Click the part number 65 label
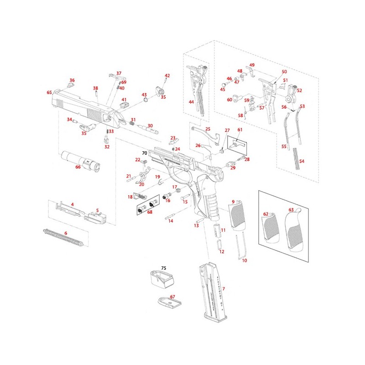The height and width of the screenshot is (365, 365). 49,93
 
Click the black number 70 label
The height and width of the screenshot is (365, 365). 145,153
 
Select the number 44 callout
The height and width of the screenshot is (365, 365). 192,102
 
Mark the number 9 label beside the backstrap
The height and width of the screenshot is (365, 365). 233,201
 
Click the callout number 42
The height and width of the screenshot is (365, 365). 167,75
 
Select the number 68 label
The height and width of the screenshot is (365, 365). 150,212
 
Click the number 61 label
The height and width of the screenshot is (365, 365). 240,130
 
